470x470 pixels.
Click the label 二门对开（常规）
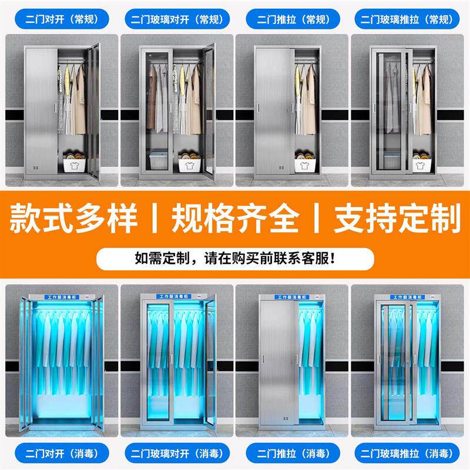62,19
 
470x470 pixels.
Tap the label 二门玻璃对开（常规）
177,19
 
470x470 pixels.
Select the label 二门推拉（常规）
293,19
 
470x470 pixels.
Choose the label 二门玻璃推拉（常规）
407,19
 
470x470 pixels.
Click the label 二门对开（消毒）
62,453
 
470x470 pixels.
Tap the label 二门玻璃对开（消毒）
177,453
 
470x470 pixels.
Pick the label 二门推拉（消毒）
293,453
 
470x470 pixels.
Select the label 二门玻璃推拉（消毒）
407,453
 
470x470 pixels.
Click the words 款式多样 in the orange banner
74,218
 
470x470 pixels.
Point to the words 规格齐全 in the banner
236,218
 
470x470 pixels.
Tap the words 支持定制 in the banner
397,218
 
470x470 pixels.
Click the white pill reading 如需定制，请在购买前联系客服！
236,258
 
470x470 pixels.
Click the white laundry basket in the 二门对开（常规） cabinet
75,165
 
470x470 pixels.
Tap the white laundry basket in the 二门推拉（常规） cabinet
305,165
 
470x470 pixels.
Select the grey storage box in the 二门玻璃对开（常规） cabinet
159,160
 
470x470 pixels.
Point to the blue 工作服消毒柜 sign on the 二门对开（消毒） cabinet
62,297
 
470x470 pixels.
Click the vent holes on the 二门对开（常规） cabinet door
36,167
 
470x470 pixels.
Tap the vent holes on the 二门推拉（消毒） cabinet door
286,418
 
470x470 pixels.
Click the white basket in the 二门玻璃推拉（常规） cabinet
422,165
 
